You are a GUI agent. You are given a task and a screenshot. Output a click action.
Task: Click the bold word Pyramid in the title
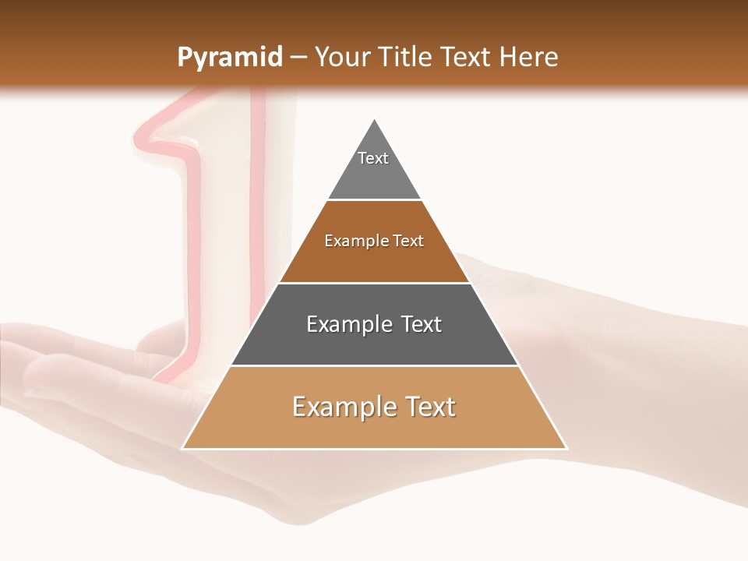point(230,58)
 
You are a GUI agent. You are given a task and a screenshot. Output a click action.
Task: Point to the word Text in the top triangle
point(373,158)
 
